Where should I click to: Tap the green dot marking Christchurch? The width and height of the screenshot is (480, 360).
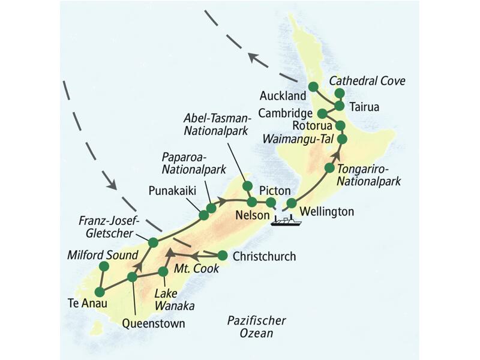(223, 254)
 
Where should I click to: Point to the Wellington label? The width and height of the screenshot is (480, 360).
(326, 211)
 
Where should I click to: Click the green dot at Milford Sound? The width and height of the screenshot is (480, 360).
(104, 266)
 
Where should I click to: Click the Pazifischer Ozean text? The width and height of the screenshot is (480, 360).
(257, 326)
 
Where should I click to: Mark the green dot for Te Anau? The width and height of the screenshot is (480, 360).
(100, 292)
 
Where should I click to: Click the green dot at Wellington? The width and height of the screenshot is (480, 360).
(292, 203)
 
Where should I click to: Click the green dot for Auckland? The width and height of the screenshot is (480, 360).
(313, 87)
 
